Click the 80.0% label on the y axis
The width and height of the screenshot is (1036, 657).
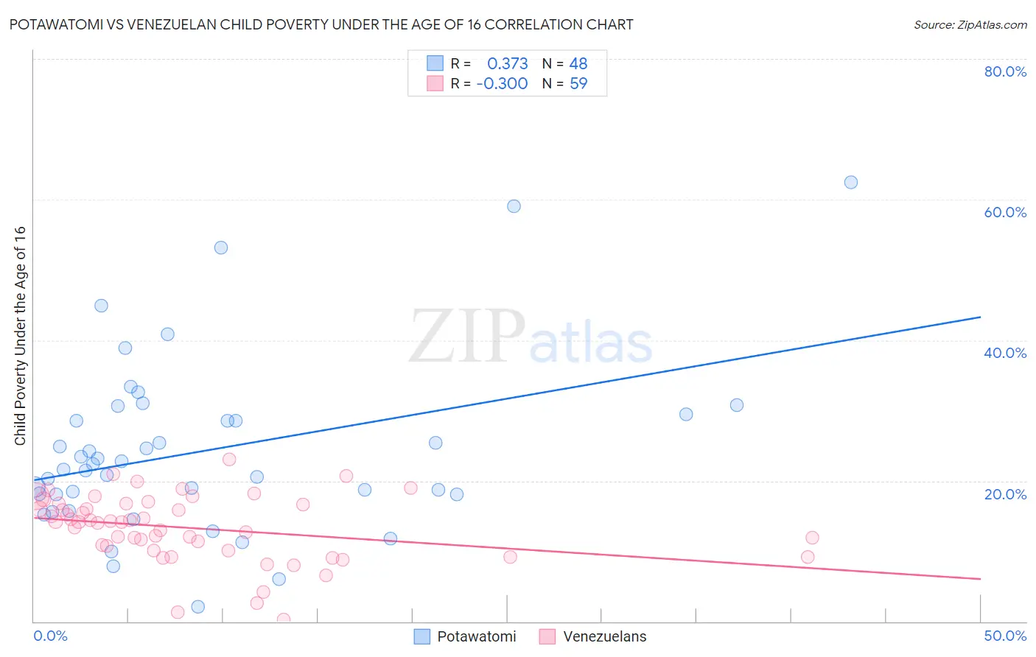click(x=1004, y=71)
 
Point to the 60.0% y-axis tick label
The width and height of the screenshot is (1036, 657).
click(x=1004, y=212)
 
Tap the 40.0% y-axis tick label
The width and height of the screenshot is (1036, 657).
click(x=1004, y=353)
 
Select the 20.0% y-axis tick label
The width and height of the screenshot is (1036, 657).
click(x=1004, y=494)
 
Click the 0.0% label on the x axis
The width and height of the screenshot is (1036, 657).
click(x=50, y=636)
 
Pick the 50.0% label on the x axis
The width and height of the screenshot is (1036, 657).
click(x=1004, y=636)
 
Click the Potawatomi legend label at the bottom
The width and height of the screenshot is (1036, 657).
click(x=476, y=636)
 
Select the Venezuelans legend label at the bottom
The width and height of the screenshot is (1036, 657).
click(x=604, y=636)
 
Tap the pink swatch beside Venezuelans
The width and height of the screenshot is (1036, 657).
click(x=547, y=636)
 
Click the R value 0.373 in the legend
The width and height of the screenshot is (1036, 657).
click(x=507, y=63)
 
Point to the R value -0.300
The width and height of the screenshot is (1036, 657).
click(x=502, y=83)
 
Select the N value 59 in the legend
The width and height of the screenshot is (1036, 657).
click(x=578, y=83)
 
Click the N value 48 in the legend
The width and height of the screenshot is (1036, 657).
click(x=578, y=63)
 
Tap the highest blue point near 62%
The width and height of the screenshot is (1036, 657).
click(x=850, y=182)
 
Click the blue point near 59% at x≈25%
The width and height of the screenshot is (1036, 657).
click(x=514, y=206)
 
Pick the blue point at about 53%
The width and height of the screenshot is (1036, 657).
click(x=221, y=247)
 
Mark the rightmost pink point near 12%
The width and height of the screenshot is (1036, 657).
click(x=812, y=538)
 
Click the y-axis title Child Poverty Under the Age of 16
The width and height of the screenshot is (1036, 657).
click(x=20, y=335)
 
